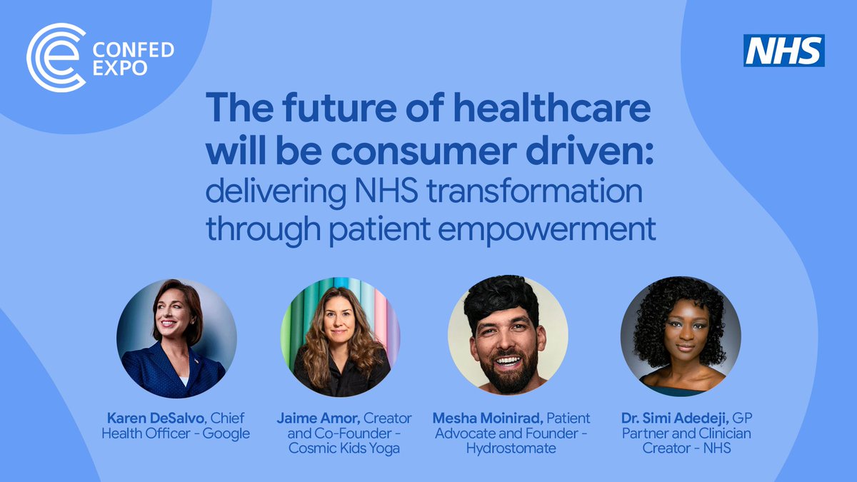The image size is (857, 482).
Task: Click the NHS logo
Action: pos(783,51)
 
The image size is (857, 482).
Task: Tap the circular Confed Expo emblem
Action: pos(56,58)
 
